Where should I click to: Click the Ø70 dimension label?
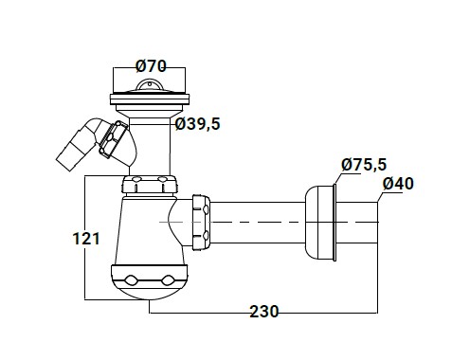[151, 66]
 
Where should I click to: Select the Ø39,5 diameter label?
[198, 124]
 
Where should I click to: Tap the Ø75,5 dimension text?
[364, 165]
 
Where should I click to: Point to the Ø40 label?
[398, 184]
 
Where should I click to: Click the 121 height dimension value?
[86, 239]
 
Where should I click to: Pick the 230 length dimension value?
[264, 312]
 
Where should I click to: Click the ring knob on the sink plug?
[149, 84]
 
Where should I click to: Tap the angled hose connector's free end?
[65, 162]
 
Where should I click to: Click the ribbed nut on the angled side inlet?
[111, 139]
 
